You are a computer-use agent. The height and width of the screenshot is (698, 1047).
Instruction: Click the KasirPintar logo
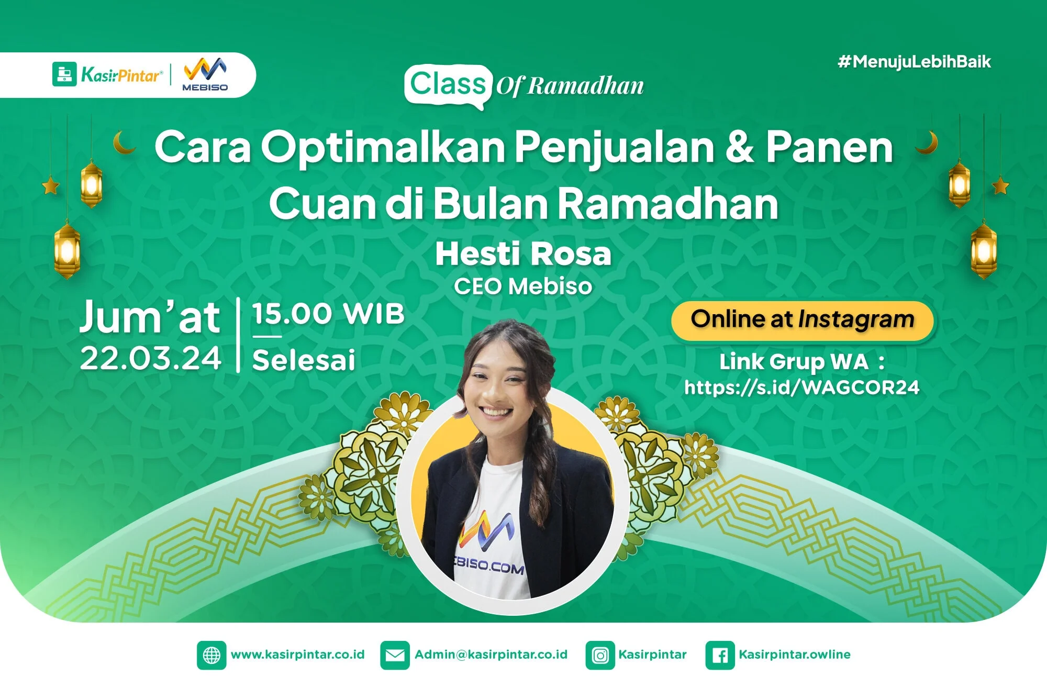(x=107, y=74)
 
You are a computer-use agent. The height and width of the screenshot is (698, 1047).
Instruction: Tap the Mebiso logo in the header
(x=205, y=74)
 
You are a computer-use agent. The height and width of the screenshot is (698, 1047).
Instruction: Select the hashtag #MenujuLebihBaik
(x=914, y=62)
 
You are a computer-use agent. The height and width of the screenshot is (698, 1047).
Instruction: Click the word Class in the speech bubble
(x=448, y=84)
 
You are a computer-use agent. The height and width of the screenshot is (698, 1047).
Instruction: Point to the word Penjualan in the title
(x=614, y=148)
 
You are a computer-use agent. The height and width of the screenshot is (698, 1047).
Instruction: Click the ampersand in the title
(x=740, y=147)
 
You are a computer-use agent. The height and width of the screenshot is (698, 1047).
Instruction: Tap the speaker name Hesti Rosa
(x=523, y=254)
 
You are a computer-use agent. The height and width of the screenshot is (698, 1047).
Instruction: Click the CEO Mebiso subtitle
(x=523, y=286)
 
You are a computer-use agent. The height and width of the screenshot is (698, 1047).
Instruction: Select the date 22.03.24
(x=151, y=359)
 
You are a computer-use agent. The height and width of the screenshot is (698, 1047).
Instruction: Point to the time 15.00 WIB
(x=328, y=314)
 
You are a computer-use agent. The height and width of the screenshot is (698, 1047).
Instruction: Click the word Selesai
(x=304, y=360)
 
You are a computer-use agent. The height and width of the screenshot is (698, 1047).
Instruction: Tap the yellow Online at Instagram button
(x=802, y=320)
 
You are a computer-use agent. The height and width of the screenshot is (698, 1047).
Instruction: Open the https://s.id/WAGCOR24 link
(x=801, y=387)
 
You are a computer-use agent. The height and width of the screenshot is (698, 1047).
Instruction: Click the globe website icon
(x=211, y=655)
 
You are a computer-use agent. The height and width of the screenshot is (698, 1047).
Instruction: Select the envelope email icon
(x=395, y=655)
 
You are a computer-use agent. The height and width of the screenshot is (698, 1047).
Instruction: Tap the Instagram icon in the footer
(x=600, y=655)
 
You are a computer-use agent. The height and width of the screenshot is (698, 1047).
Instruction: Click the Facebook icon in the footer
(x=720, y=655)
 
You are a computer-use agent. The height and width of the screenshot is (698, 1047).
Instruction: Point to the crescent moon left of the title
(x=124, y=143)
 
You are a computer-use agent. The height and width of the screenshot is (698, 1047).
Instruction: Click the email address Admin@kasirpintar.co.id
(x=491, y=655)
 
